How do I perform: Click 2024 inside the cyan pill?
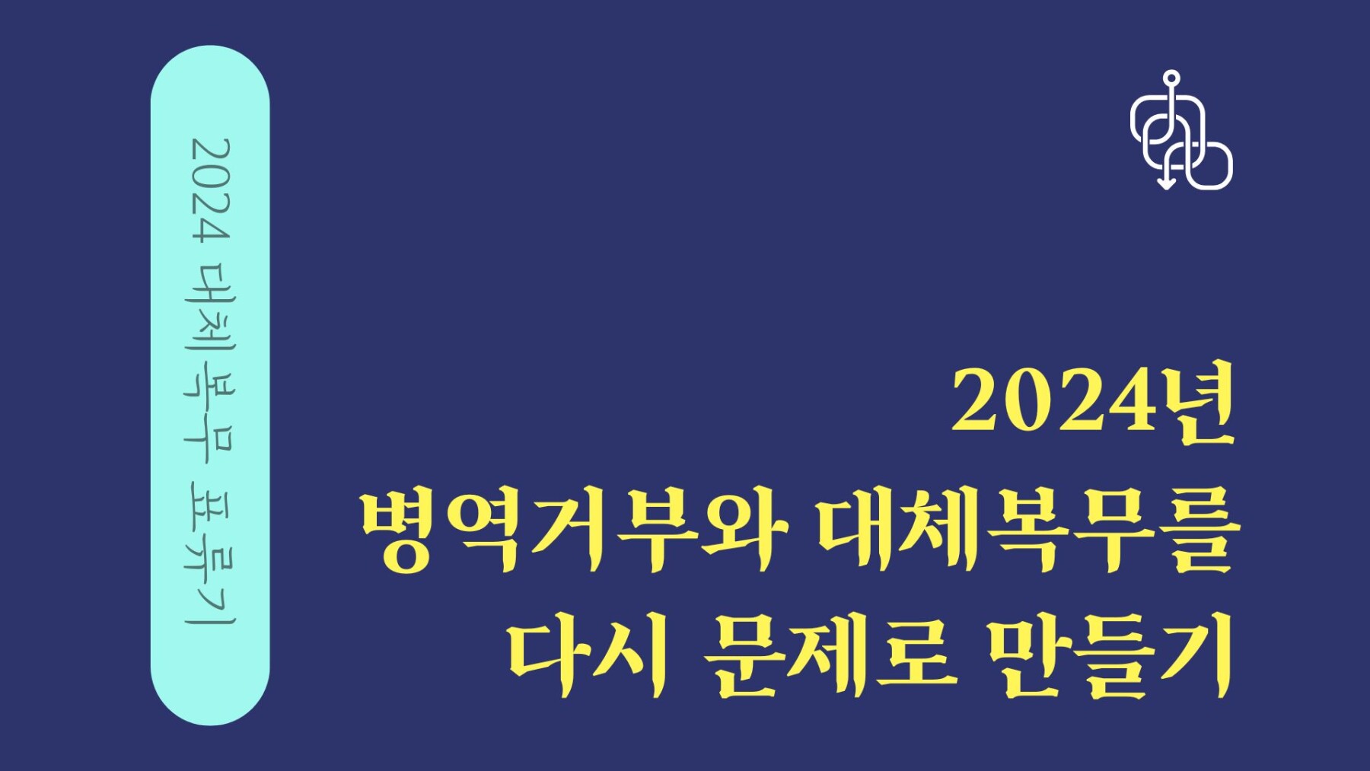pos(209,190)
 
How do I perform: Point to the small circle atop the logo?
pos(1171,78)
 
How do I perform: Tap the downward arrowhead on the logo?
pos(1165,183)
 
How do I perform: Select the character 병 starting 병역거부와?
pos(400,530)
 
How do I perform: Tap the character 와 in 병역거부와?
pos(747,530)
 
